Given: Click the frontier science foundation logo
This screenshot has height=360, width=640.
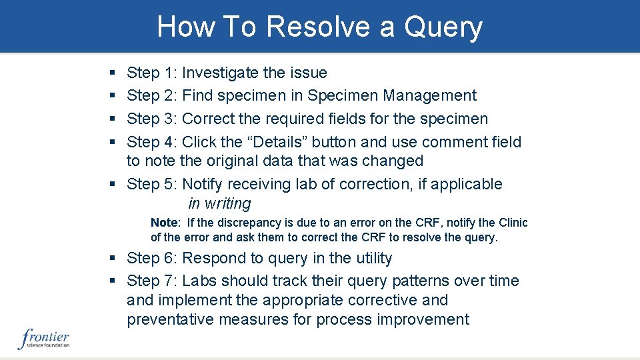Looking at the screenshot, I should pos(44,339).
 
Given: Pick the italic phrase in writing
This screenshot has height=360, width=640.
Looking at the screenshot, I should pos(219,203).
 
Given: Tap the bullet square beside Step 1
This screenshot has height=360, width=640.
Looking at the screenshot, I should pos(111,73).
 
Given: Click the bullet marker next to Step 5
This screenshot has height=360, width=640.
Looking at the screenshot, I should pos(111,184).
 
